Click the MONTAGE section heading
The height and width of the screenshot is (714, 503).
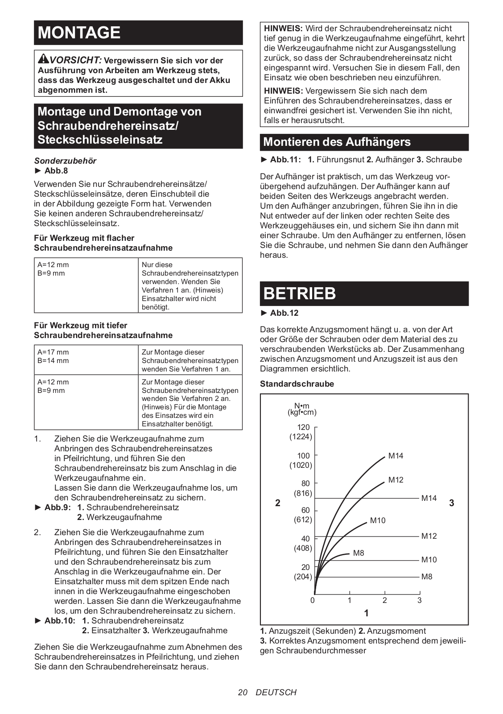coord(79,33)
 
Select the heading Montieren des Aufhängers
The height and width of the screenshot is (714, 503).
coord(337,142)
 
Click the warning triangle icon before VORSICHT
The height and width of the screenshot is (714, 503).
coord(43,59)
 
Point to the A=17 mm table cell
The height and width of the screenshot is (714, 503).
coord(53,352)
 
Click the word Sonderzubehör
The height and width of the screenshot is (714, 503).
coord(65,161)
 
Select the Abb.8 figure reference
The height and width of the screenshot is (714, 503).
coord(56,171)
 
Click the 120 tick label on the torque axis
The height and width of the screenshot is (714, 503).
coord(303,427)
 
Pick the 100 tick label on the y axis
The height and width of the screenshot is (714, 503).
coord(303,456)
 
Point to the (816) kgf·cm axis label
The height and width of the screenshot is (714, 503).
coord(303,493)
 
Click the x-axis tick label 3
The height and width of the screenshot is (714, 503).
coord(419,600)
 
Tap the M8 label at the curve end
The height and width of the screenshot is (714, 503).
coord(359,553)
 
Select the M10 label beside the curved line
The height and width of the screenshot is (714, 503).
coord(378,520)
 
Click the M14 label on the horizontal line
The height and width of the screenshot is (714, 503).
coord(429,498)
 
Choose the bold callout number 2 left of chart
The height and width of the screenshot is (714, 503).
coord(278,503)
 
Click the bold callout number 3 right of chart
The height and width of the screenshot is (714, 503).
coord(452,503)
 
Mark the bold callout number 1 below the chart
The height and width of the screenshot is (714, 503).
coord(367,613)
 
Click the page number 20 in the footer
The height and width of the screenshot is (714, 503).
coord(243,692)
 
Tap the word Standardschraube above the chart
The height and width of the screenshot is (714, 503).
coord(297,384)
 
